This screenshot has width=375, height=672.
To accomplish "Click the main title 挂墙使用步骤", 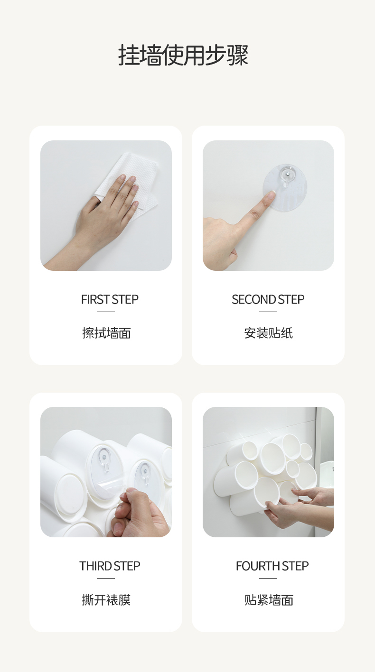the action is point(183,55).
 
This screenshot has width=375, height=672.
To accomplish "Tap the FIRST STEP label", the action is point(110,299).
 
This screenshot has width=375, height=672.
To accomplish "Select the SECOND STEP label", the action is point(268,299).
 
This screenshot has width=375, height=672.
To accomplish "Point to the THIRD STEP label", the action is point(110,566).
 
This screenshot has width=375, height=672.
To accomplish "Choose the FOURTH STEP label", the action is point(272,566).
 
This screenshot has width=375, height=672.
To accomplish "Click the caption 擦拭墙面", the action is point(106,333).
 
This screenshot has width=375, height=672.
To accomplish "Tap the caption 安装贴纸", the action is point(268,333).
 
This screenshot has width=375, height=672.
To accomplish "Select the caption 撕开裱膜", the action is point(106,600).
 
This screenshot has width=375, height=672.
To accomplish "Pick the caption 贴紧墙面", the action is point(268,600).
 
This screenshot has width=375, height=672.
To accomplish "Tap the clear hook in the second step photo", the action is point(287,177).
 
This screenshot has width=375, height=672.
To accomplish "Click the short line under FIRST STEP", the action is point(106,312).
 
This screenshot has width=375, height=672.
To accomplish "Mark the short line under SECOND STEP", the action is point(268,312).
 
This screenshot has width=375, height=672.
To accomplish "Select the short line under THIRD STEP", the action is point(106,578).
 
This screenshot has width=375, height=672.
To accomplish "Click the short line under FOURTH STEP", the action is point(268,578).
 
